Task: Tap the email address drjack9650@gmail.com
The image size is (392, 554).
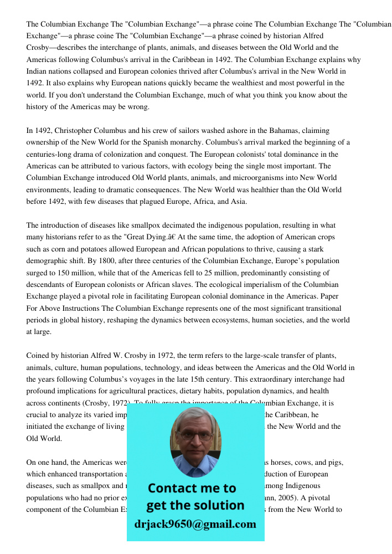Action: (195, 524)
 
